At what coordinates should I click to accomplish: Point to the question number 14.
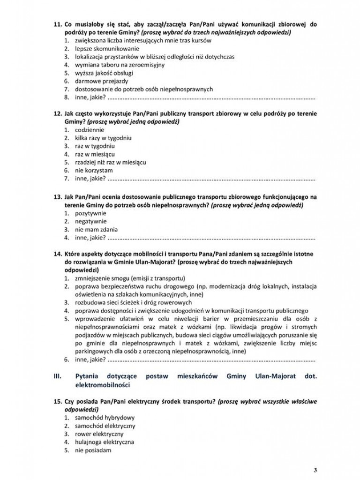coord(58,254)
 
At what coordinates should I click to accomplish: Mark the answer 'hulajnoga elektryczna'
coord(105,442)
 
